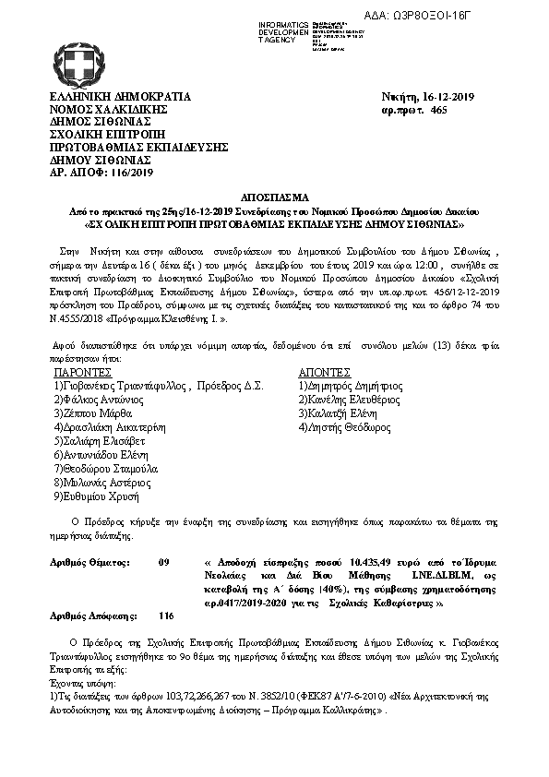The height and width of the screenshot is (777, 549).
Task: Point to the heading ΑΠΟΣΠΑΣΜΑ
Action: coord(274,197)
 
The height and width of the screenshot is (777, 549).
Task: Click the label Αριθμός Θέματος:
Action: coord(90,562)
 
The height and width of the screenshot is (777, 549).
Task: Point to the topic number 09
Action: coord(164,562)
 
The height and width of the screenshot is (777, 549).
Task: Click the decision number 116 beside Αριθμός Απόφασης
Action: coord(166,615)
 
